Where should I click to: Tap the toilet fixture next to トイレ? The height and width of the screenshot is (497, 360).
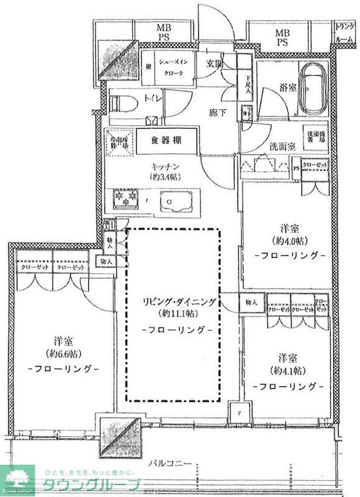[122, 101]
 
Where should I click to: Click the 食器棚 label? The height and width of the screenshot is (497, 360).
[165, 140]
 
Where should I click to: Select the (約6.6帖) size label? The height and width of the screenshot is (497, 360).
[64, 354]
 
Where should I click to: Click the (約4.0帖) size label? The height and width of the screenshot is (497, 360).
[289, 240]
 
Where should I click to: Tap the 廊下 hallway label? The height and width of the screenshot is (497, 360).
[216, 112]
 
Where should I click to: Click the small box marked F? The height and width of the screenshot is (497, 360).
[238, 411]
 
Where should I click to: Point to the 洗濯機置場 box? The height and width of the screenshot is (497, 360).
[312, 139]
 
